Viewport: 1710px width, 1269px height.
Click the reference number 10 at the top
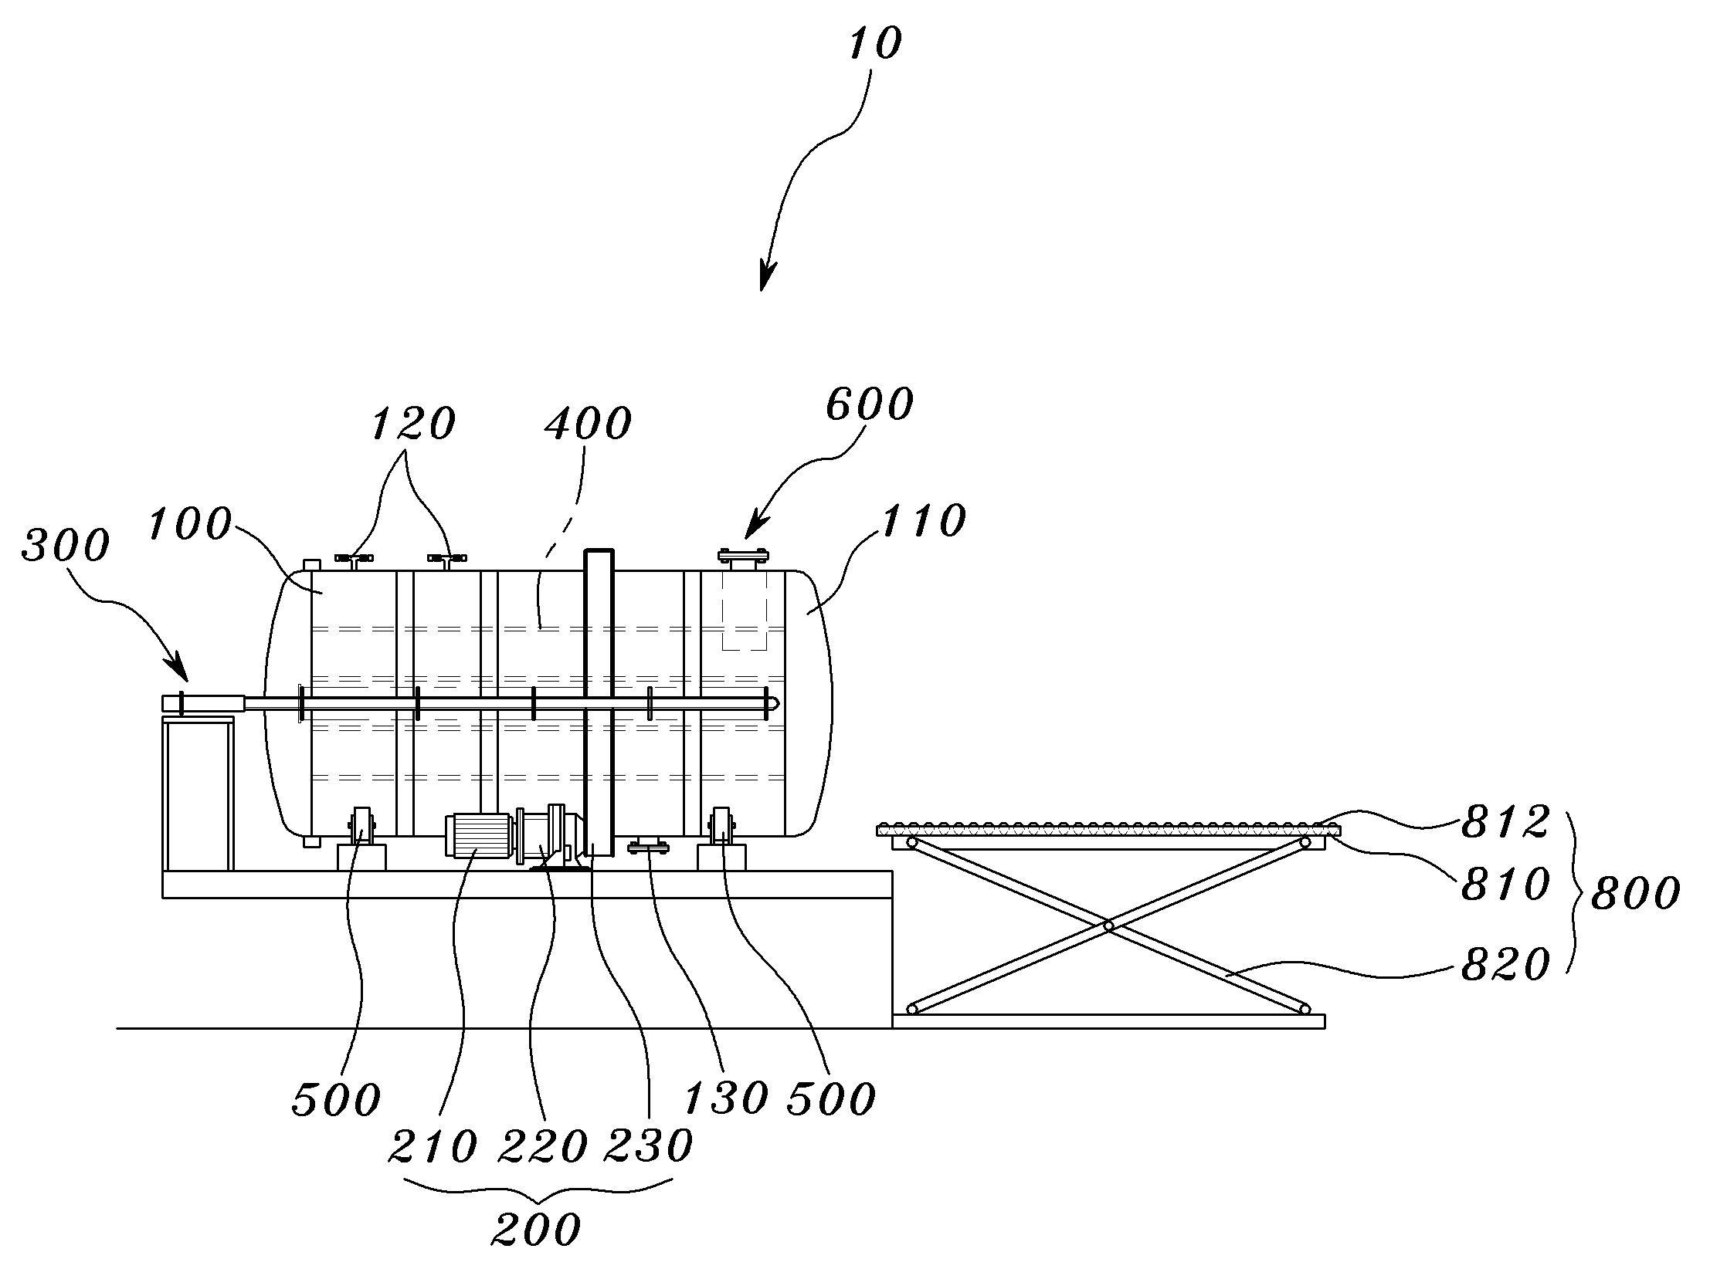click(874, 45)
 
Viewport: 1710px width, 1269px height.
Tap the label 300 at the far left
click(66, 546)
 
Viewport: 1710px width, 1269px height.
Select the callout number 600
click(869, 404)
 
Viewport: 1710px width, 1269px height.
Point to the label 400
click(588, 424)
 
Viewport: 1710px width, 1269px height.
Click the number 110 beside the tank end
click(922, 521)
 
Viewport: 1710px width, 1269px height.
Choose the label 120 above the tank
click(413, 425)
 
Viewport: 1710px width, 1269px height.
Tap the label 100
click(189, 525)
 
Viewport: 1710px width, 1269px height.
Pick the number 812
click(1505, 823)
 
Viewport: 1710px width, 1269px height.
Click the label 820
click(1505, 966)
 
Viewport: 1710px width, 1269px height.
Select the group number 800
click(1635, 894)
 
